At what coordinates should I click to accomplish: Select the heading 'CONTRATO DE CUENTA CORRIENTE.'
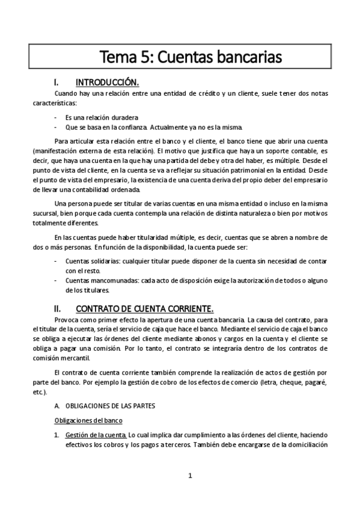[145, 309]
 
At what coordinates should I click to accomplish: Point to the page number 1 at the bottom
[190, 476]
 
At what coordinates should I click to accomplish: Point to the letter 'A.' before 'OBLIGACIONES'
[57, 406]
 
